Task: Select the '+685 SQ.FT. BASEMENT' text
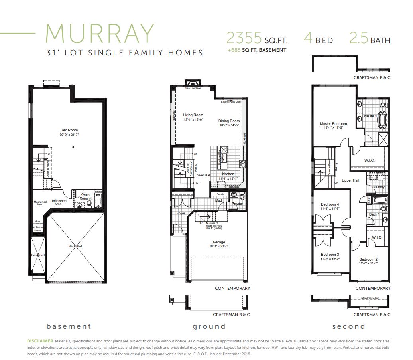257,50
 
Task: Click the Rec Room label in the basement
69,130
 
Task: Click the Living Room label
193,115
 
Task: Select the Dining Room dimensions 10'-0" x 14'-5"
229,125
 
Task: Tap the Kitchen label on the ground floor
228,174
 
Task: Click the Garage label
218,242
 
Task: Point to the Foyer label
181,214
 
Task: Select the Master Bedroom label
333,124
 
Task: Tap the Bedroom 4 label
330,204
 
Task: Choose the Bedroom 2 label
368,259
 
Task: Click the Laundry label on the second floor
378,187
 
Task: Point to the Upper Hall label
350,180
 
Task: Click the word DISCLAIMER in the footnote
40,341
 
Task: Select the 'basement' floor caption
69,326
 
